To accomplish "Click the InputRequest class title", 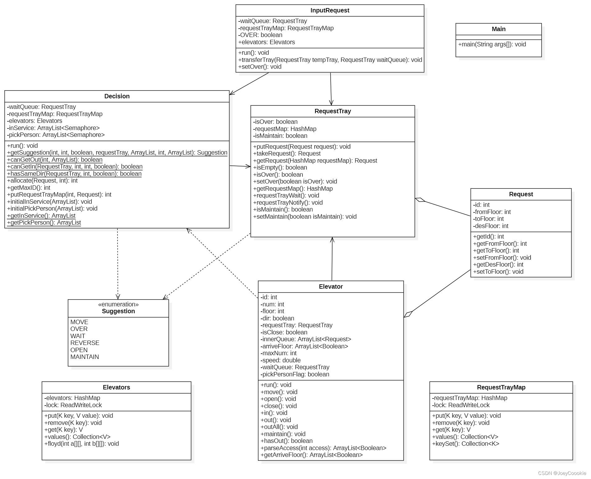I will tap(330, 11).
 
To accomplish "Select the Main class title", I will tap(498, 29).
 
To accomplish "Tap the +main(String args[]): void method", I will tap(492, 44).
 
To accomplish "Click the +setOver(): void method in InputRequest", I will tap(260, 67).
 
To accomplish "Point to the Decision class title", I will tap(117, 96).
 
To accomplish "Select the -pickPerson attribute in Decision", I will tap(56, 135).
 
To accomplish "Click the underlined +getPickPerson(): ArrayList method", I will tap(44, 223).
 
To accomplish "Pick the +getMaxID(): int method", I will tap(29, 188).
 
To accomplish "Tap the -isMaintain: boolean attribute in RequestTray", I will tap(280, 136).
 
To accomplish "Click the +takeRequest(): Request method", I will tap(287, 154).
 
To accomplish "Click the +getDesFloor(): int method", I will tap(498, 265).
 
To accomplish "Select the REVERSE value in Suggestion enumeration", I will tap(85, 343).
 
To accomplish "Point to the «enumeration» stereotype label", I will tap(118, 305).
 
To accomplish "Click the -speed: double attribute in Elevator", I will tap(281, 360).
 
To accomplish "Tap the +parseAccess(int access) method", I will tap(323, 448).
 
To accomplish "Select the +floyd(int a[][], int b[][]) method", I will tap(81, 444).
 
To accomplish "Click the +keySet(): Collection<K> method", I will tap(465, 444).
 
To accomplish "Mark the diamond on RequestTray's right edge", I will tap(420, 200).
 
